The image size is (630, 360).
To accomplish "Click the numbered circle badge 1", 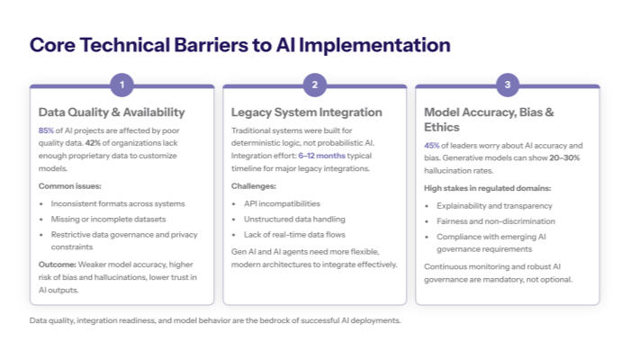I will [121, 85].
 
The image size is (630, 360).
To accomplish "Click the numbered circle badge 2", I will [314, 85].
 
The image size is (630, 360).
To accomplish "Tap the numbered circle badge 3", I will [507, 85].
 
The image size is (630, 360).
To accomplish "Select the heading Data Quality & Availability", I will [112, 112].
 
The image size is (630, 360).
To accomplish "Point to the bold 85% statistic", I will [46, 130].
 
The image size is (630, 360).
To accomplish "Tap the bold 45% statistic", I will [431, 146].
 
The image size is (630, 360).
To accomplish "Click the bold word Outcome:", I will [57, 264].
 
